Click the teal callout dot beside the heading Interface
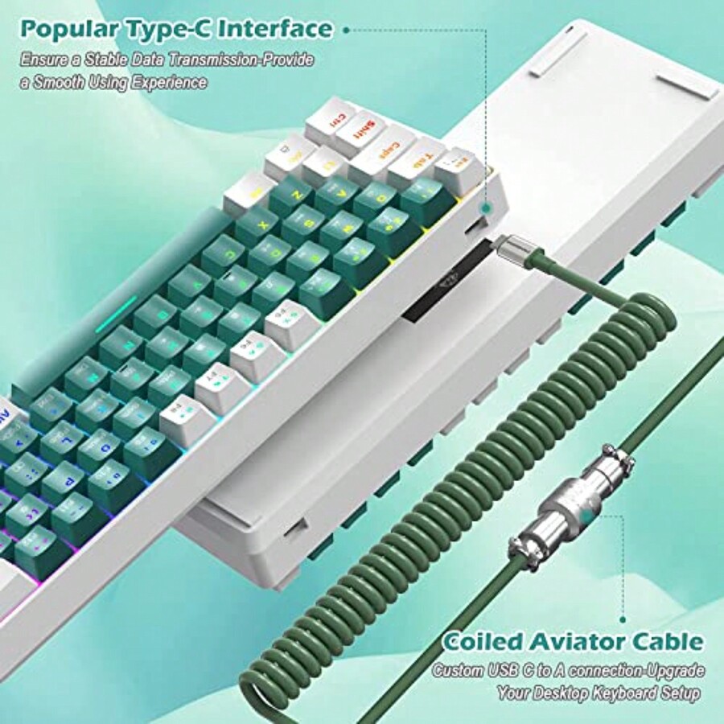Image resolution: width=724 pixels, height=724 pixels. (347, 30)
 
